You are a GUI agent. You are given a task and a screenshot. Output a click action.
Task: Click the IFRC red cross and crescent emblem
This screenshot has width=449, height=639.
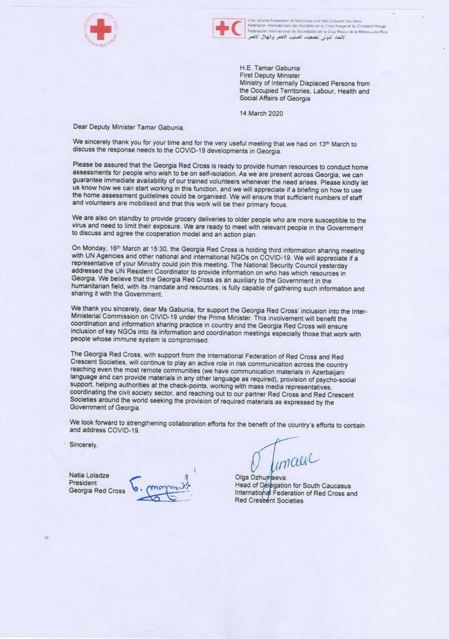(x=228, y=27)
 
